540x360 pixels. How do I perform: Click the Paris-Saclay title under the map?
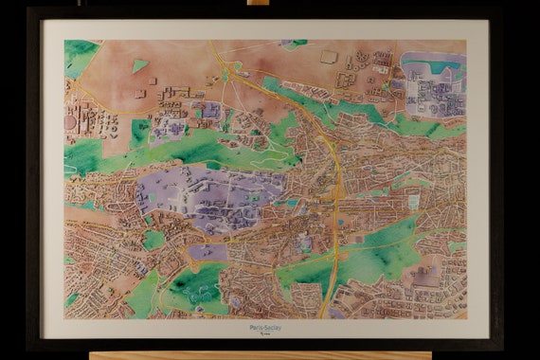(x=266, y=327)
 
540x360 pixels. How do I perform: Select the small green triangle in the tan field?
(x=139, y=65)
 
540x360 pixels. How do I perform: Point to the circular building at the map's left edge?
(x=69, y=122)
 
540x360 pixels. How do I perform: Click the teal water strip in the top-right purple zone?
(x=431, y=67)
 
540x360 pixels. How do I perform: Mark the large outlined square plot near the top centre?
(x=329, y=57)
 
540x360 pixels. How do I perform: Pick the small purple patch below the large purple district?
(x=209, y=252)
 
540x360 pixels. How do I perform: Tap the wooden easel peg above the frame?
(x=258, y=3)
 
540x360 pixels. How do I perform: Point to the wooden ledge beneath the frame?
(x=261, y=355)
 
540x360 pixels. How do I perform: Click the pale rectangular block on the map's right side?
(x=413, y=202)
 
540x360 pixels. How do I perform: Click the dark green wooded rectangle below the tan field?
(x=140, y=132)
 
